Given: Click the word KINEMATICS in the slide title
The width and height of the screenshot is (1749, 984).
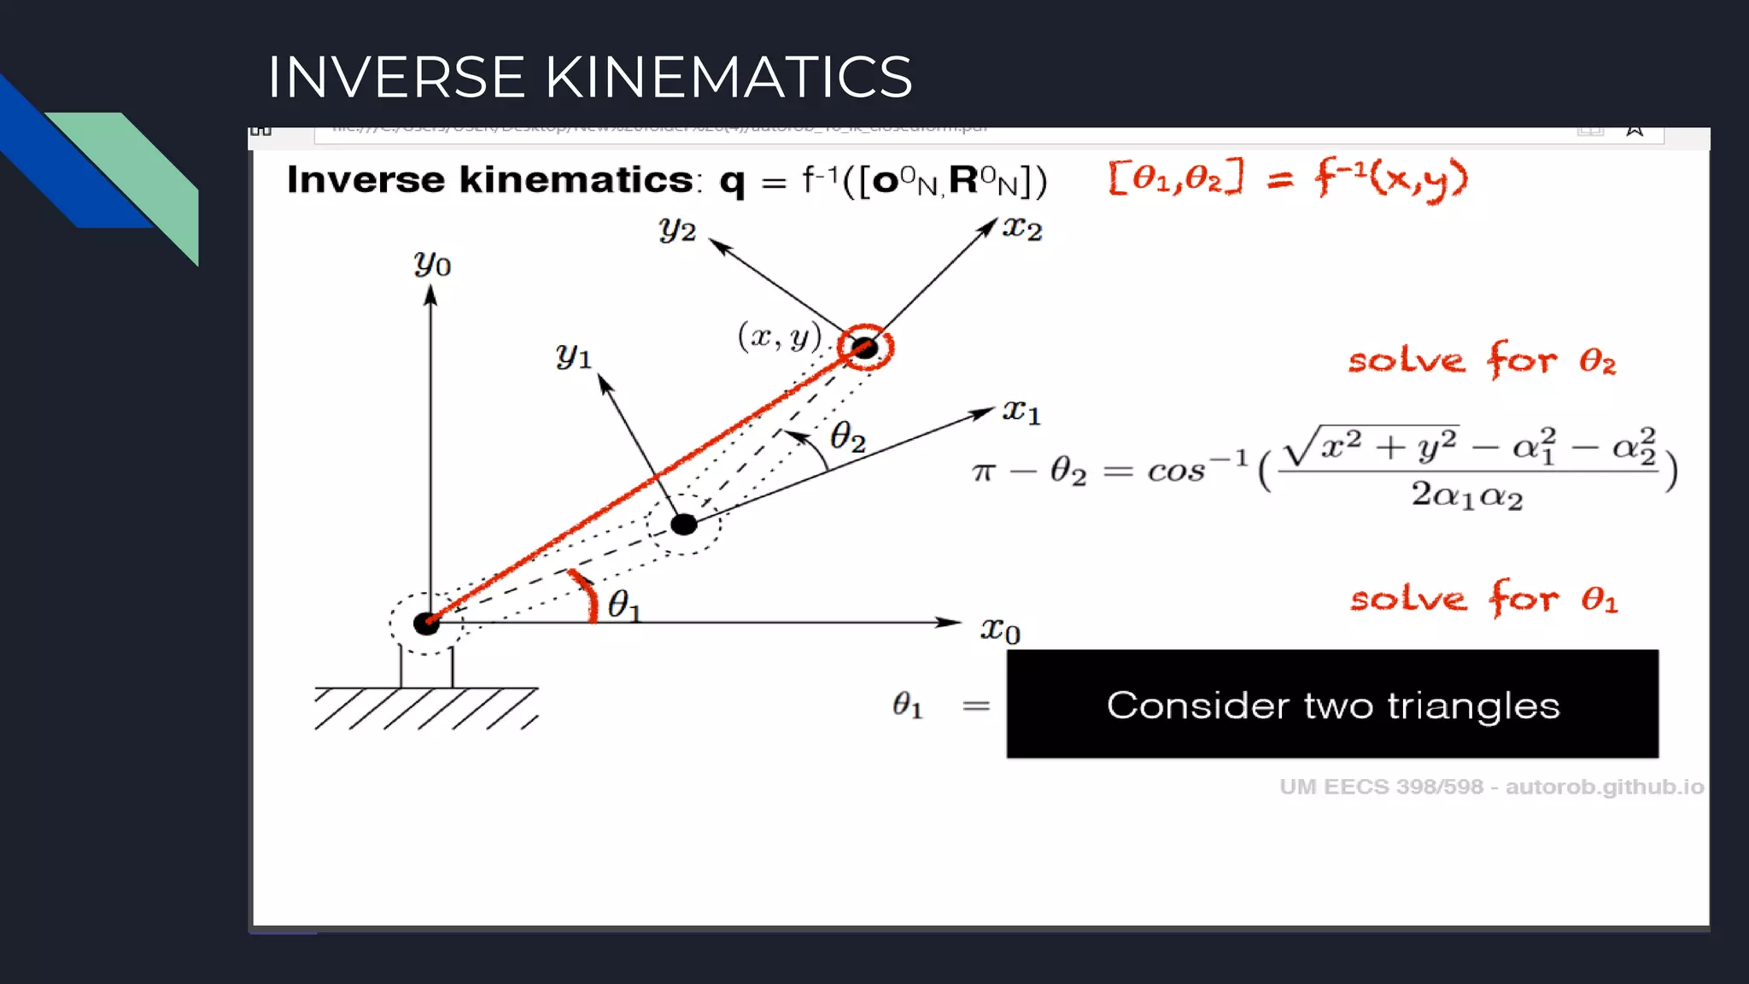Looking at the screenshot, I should point(728,77).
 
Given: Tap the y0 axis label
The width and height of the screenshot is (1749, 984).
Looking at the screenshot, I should point(432,264).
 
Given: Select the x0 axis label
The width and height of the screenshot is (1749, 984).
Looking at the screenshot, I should point(1000,630).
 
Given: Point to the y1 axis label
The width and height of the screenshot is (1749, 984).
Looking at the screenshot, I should point(573,355).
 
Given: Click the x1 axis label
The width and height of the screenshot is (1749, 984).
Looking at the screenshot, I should point(1021,413).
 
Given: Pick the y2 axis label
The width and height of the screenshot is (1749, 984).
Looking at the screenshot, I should point(677,229).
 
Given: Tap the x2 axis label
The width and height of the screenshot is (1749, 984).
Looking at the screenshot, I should point(1022,229).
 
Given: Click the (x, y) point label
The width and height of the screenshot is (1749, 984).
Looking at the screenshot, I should point(779,337).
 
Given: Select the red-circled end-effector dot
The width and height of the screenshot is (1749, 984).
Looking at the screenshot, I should point(865,348).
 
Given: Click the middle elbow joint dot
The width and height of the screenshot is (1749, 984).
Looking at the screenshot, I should point(684,524).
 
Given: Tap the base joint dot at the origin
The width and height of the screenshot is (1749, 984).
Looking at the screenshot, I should point(426,624).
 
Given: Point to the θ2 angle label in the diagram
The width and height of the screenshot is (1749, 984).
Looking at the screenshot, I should point(848,436).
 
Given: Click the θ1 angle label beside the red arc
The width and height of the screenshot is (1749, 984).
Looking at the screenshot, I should point(623,605).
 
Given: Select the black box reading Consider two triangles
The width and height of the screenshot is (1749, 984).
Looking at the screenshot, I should point(1332,704).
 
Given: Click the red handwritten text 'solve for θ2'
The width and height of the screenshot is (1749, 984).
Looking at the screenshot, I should point(1482,360).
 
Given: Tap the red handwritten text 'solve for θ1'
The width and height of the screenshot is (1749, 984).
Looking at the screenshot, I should point(1483,598).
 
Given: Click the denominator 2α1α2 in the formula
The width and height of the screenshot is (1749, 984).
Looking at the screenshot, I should point(1466,495).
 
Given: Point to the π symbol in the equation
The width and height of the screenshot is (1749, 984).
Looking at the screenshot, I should point(984,471).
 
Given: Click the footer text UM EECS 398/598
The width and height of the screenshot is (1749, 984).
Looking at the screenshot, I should point(1382,787).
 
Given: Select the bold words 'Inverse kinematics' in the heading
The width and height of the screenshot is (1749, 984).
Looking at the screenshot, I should point(490,180).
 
